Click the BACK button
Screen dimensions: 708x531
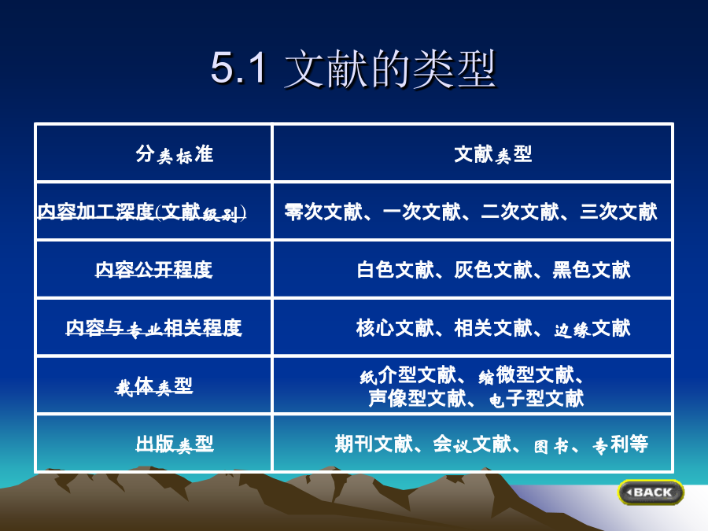click(x=651, y=492)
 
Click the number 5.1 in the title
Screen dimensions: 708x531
click(x=238, y=68)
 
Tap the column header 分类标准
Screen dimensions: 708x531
click(x=175, y=154)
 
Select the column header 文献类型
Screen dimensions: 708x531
click(x=493, y=154)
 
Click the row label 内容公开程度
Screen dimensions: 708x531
click(x=153, y=270)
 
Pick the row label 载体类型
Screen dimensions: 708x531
click(x=154, y=386)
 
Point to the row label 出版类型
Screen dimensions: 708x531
click(x=175, y=444)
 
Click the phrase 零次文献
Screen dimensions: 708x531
click(x=323, y=212)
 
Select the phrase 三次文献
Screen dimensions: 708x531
click(x=618, y=212)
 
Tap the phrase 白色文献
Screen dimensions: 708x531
click(x=396, y=270)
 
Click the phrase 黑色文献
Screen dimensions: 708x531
click(x=592, y=270)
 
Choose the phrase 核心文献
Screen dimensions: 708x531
click(x=395, y=328)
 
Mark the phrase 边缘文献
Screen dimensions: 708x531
click(x=592, y=328)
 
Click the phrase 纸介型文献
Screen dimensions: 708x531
click(x=408, y=375)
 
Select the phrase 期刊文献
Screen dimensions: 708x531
click(x=374, y=444)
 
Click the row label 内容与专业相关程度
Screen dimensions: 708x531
click(x=154, y=328)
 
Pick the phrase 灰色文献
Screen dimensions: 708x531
click(x=493, y=270)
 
